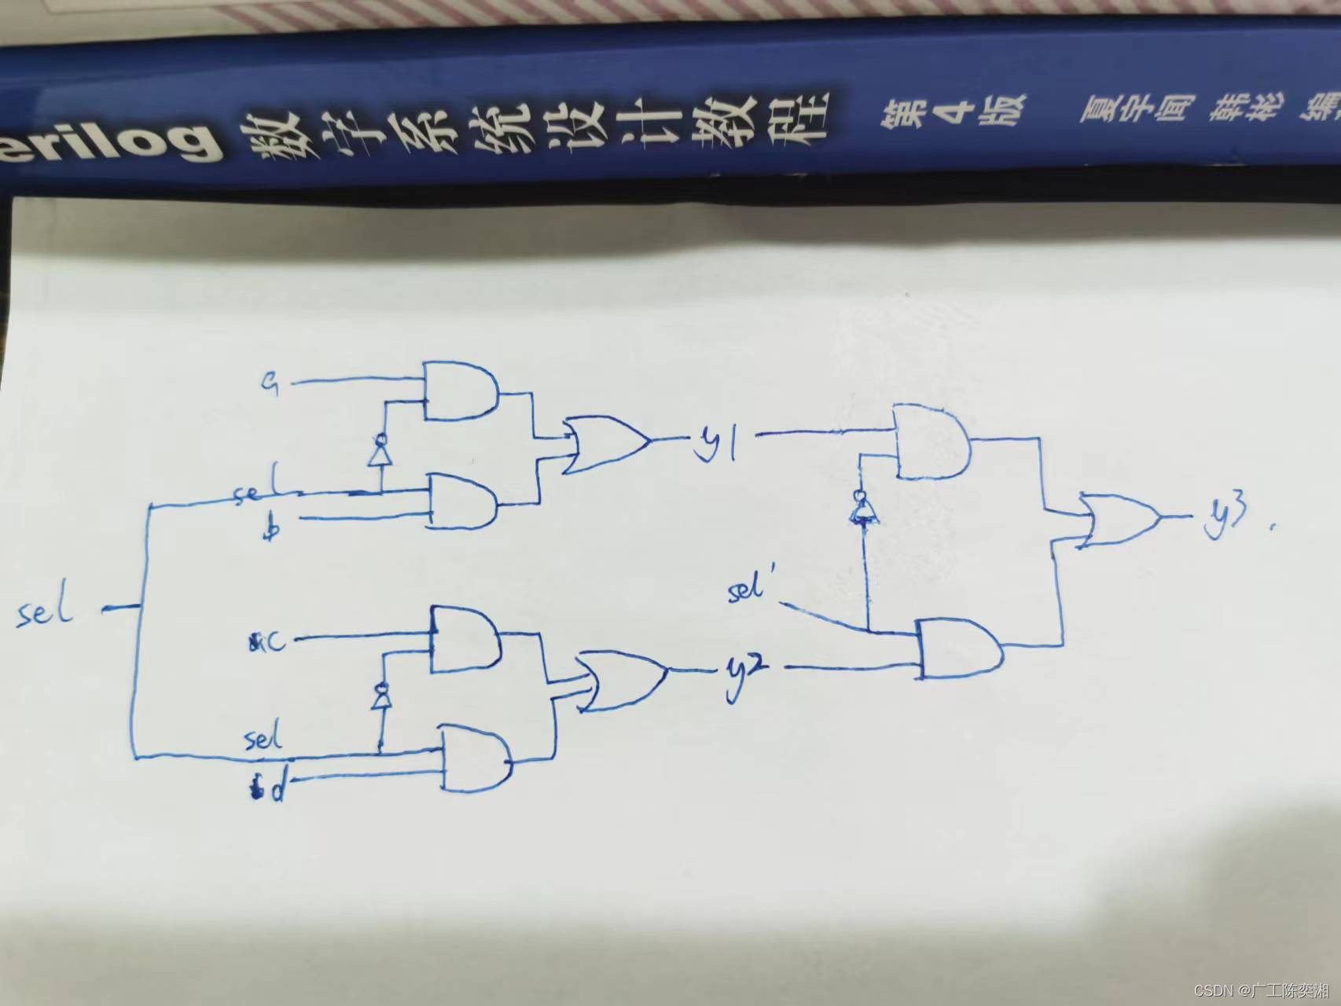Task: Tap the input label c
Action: click(x=269, y=642)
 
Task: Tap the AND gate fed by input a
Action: click(x=461, y=391)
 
